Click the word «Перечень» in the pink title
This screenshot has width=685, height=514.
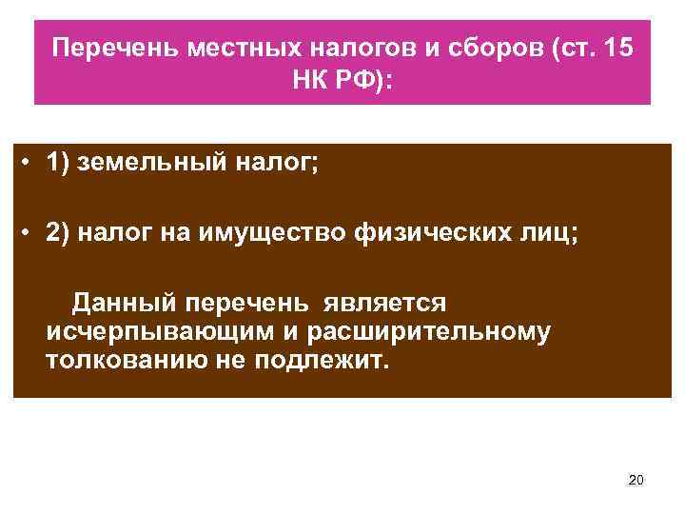click(106, 48)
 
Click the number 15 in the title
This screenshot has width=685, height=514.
click(616, 48)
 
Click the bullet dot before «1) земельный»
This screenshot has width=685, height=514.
click(31, 164)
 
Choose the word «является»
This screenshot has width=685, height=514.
click(384, 302)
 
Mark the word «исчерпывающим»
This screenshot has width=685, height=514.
click(139, 332)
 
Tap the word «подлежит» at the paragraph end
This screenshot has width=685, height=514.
click(323, 363)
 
